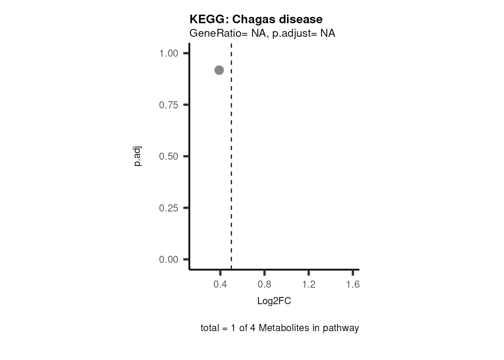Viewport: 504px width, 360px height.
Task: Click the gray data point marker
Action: click(x=219, y=70)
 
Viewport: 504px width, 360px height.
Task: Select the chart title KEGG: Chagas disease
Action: click(x=256, y=19)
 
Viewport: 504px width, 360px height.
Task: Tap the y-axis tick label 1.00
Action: click(x=168, y=53)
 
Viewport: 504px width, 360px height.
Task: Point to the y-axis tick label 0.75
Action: click(x=168, y=105)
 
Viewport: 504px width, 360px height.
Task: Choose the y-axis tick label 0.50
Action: click(x=168, y=156)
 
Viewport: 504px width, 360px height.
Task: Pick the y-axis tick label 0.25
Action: click(x=168, y=208)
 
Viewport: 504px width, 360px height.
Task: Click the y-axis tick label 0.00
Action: click(x=168, y=259)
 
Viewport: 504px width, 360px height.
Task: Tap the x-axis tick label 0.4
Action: click(x=220, y=285)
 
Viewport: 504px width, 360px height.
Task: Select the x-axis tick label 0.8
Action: click(x=264, y=285)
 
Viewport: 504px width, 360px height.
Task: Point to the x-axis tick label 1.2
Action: click(x=309, y=285)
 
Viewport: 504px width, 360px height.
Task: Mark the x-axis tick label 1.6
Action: click(x=353, y=285)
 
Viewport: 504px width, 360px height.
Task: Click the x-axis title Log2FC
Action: click(x=274, y=301)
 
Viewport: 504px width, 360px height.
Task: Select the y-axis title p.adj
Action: click(x=138, y=156)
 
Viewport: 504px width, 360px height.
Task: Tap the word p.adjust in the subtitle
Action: click(x=292, y=34)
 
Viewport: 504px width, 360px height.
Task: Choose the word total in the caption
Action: click(x=209, y=328)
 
